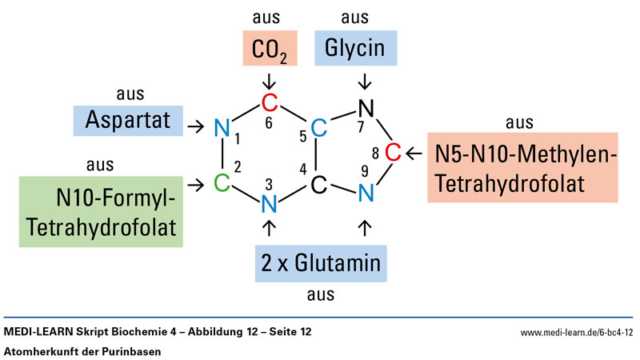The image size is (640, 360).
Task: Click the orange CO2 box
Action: pos(269,49)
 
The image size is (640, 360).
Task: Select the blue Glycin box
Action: pos(355,49)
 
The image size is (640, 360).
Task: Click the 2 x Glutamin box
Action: pos(318,263)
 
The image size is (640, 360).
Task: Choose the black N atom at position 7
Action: pos(365,107)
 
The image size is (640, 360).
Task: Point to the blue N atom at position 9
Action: pos(365,192)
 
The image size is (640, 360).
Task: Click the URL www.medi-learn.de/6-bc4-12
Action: pos(577,331)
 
